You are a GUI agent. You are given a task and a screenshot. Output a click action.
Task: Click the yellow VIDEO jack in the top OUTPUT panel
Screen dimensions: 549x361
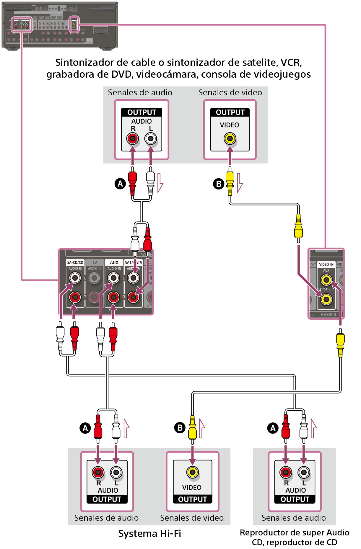(x=230, y=138)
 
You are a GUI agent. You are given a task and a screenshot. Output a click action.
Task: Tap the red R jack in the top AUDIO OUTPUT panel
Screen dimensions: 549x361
(x=133, y=138)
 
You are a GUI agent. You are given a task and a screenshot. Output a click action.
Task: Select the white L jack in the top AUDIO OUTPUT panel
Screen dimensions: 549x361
(x=151, y=138)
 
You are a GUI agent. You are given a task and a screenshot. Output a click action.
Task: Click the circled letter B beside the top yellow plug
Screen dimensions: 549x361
(x=219, y=184)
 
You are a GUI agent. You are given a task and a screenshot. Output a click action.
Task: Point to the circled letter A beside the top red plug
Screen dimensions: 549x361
(x=120, y=184)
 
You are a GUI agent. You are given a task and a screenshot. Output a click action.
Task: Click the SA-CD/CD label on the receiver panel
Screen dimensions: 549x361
(x=75, y=262)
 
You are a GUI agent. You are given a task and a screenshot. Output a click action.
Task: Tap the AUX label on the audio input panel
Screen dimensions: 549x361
(x=114, y=262)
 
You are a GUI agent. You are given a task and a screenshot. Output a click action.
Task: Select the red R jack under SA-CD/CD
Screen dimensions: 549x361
(x=75, y=297)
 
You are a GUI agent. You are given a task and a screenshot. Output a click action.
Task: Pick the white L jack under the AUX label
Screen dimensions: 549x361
(x=113, y=278)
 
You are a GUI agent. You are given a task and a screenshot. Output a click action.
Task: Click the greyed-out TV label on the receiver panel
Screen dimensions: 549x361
(x=95, y=262)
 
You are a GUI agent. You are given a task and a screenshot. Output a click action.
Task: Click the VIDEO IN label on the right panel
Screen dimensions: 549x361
(x=326, y=264)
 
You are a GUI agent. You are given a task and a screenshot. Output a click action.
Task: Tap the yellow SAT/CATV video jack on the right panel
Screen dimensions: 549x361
(x=326, y=299)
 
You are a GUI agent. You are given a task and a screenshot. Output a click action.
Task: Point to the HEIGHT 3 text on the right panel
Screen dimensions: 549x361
(x=329, y=315)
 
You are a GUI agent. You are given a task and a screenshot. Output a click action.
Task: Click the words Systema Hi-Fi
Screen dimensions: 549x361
(x=149, y=534)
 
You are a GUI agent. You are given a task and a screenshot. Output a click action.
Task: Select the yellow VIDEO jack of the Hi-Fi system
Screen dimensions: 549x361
(x=192, y=472)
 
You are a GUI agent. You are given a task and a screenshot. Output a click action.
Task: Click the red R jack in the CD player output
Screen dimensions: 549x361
(x=286, y=472)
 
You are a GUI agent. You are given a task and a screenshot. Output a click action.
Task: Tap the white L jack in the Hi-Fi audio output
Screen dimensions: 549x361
(x=116, y=472)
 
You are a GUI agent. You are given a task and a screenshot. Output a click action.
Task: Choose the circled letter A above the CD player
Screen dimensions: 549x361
(x=273, y=428)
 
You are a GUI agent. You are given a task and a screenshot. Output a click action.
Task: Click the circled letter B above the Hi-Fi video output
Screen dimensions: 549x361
(x=180, y=427)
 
